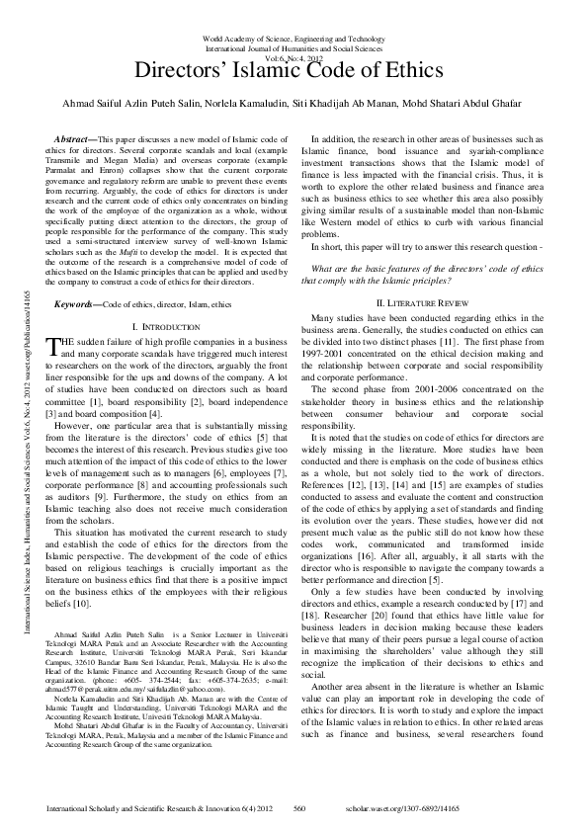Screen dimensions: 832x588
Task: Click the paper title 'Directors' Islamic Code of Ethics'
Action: click(293, 72)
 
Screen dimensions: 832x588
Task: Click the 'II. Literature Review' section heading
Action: click(424, 300)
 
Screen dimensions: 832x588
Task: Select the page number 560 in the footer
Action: click(302, 808)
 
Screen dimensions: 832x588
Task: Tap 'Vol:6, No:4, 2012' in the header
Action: click(294, 57)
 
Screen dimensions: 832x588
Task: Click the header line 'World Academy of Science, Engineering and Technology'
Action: click(294, 39)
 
